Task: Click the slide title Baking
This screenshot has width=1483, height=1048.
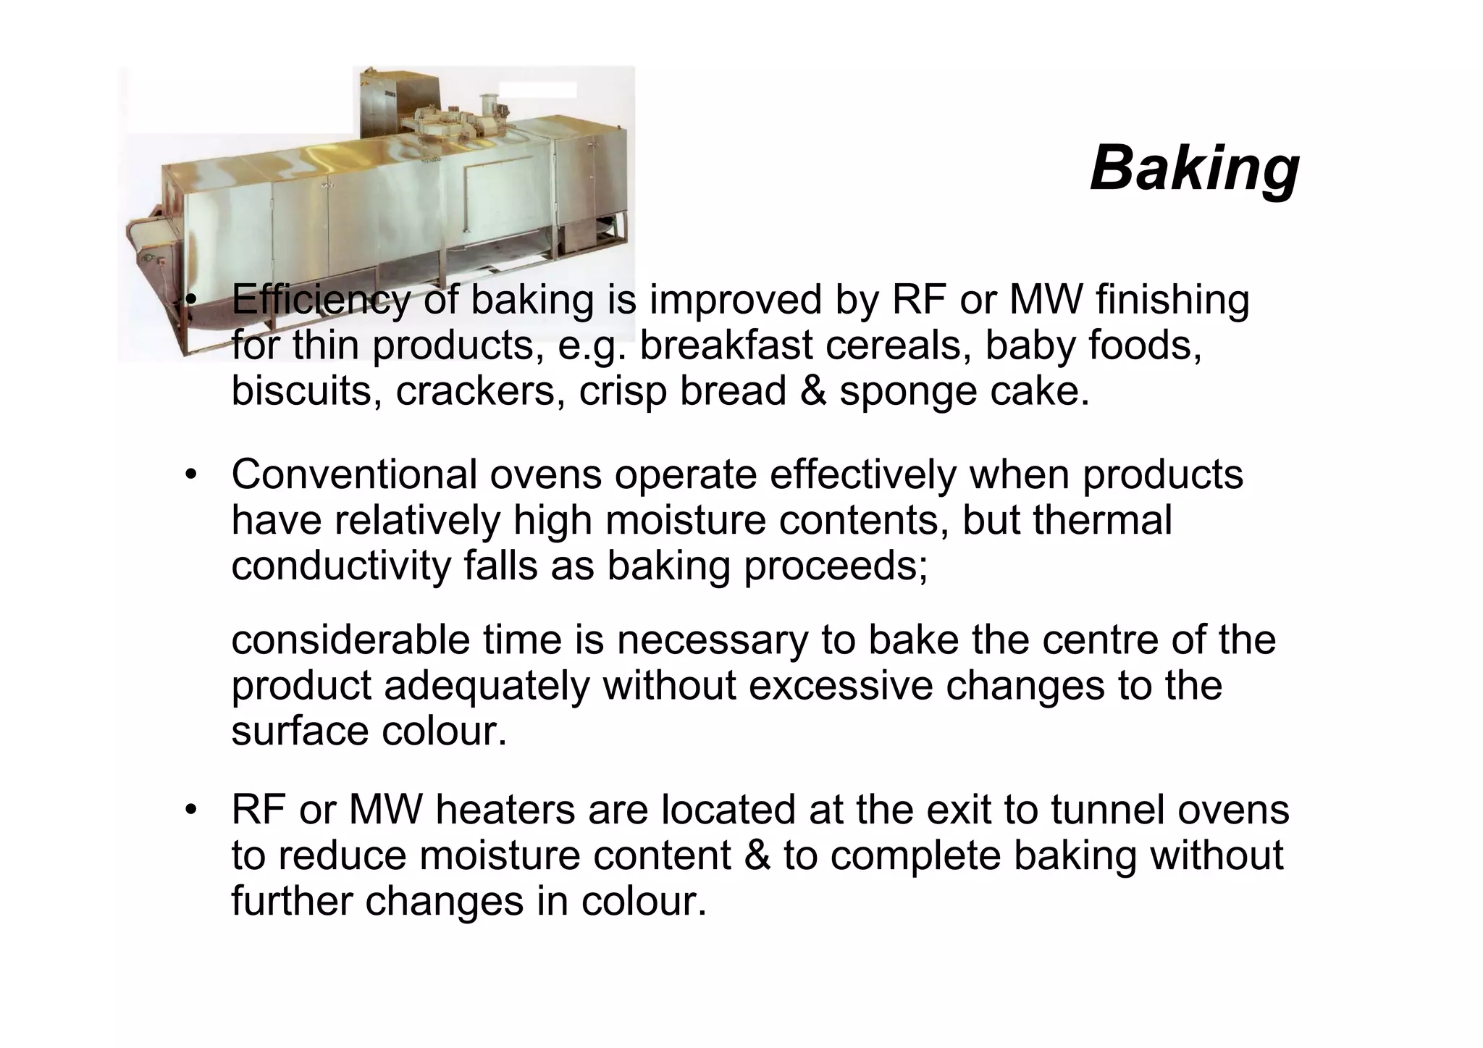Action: [x=1194, y=168]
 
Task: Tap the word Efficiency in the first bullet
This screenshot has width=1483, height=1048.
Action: [x=320, y=301]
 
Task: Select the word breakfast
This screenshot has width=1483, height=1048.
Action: [x=726, y=345]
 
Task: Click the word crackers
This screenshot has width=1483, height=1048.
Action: [x=480, y=391]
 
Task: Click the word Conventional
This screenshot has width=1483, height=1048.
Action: [x=354, y=475]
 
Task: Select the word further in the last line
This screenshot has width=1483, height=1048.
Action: [x=292, y=902]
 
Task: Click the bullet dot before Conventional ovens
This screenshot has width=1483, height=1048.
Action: [x=190, y=476]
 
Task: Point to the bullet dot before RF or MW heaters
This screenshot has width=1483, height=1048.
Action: [x=190, y=810]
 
